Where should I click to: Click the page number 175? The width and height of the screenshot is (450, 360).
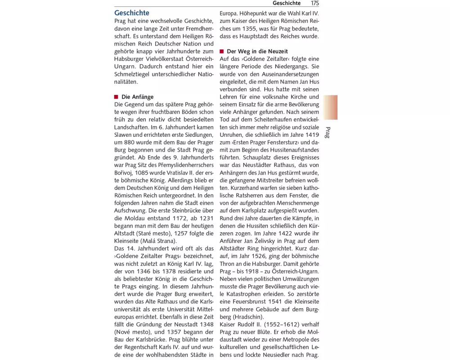click(315, 3)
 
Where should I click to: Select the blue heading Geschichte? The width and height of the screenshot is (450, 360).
click(132, 13)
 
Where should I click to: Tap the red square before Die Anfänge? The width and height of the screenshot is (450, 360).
click(116, 97)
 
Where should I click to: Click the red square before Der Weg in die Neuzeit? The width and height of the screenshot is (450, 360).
click(221, 51)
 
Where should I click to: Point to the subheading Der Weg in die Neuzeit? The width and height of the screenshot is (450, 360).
click(257, 51)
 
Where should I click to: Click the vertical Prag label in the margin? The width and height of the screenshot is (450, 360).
click(328, 133)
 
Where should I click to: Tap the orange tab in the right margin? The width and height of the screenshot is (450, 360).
click(330, 107)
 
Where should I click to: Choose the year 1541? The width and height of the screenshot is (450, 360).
click(275, 301)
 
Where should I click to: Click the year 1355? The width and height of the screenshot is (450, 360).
click(249, 28)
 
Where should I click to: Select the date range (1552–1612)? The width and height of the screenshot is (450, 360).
click(277, 324)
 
